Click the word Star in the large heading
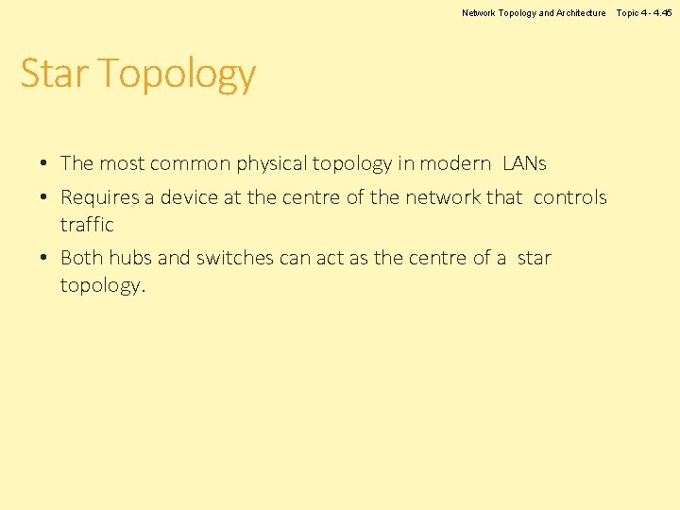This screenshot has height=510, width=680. [x=54, y=74]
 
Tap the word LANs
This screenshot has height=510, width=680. [x=524, y=163]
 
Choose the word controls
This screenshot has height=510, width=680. [x=569, y=197]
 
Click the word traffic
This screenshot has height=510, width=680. [x=87, y=225]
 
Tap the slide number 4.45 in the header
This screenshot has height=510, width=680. [x=662, y=13]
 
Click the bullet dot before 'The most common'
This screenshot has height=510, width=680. [x=44, y=164]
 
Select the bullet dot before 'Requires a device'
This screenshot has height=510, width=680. [x=44, y=198]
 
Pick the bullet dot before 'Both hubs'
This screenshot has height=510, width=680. [x=44, y=259]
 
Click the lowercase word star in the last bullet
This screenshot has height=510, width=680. [x=534, y=258]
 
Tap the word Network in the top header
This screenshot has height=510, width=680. [x=481, y=13]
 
